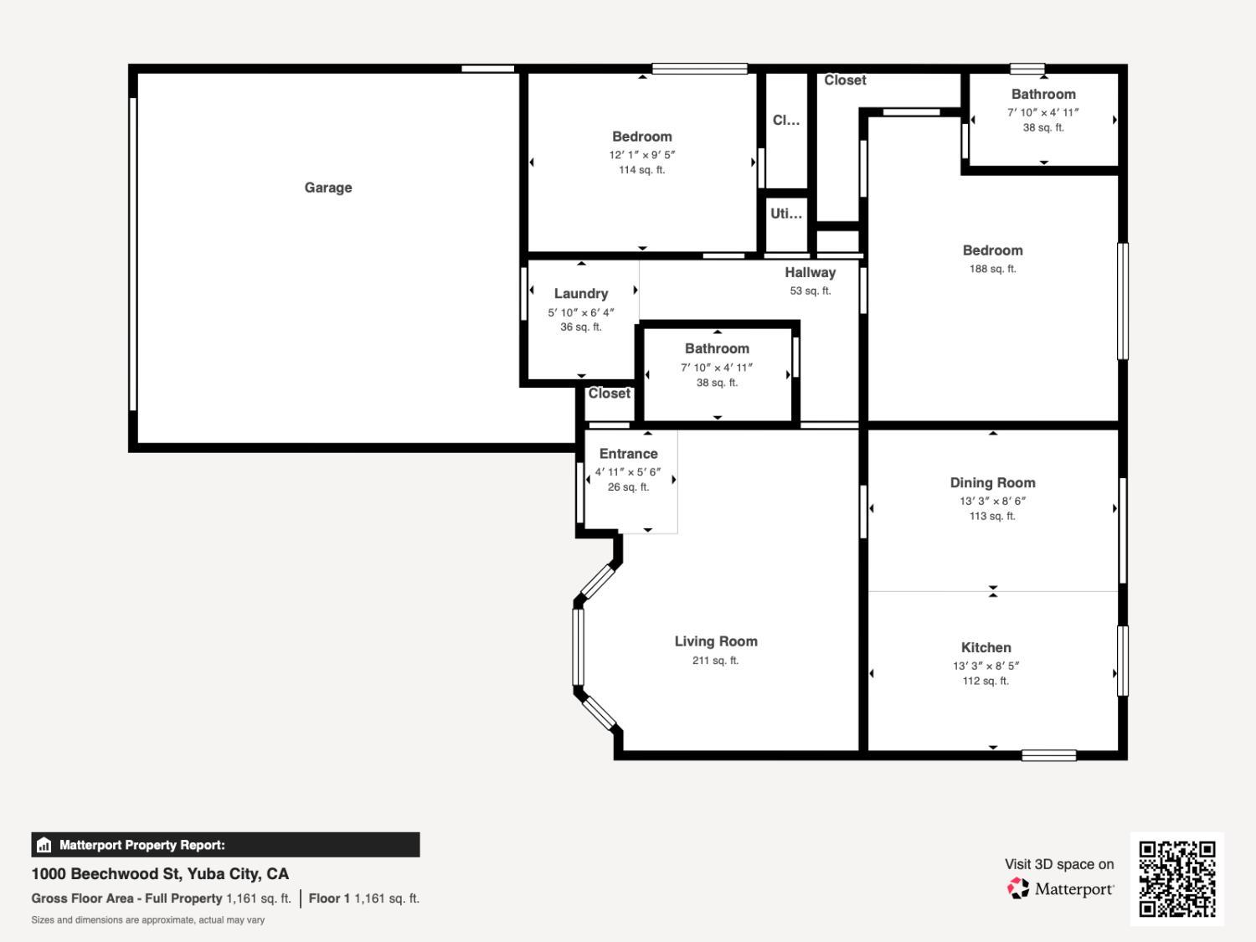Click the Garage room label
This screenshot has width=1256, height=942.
327,188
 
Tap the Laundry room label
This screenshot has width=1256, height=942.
580,294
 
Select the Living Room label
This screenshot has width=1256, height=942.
716,641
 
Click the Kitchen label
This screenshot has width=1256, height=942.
986,647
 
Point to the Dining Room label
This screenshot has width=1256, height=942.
992,482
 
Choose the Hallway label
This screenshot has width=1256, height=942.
810,272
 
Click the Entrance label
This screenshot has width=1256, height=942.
628,454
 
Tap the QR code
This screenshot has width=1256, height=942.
1176,878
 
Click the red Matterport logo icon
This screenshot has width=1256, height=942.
1017,888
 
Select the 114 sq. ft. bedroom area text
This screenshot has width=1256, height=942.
641,170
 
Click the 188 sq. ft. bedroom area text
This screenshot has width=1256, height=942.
992,269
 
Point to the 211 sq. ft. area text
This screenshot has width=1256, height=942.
715,661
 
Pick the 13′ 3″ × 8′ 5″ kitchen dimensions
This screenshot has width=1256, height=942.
986,666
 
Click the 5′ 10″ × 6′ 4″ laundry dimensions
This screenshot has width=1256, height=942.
580,312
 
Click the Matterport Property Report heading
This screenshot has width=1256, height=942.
142,845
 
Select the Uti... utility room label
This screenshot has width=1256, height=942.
785,214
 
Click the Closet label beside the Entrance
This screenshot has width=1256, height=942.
609,394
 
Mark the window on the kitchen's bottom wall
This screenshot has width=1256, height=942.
1048,755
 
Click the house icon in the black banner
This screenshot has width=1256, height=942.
44,845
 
